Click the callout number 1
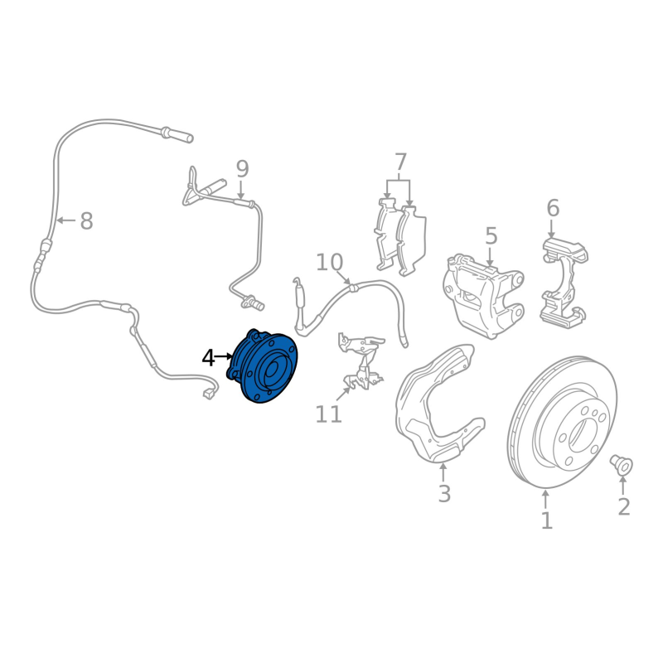pos(546,520)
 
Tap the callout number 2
pos(623,506)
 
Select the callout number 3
pos(444,494)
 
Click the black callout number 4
pos(208,358)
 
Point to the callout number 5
pos(491,236)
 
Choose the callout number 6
pos(553,208)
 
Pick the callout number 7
pos(400,162)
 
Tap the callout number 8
pos(85,221)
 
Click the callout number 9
pos(241,170)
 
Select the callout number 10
pos(329,263)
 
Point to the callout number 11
pos(329,414)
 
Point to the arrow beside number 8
pos(66,220)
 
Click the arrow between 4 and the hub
pos(225,357)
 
